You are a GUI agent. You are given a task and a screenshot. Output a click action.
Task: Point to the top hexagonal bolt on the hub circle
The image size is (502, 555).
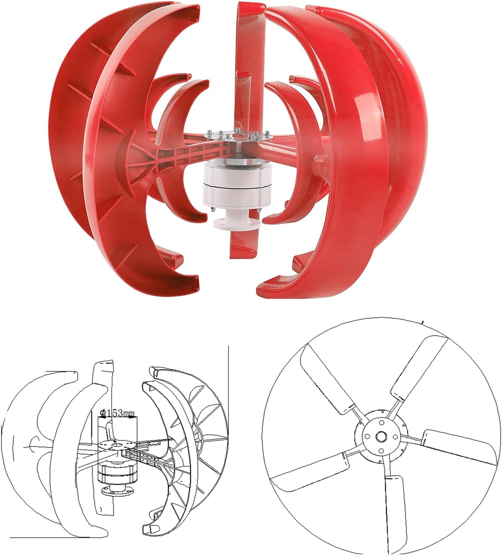(x=382, y=423)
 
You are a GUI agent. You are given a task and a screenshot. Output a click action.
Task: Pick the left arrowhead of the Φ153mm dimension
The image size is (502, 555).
(x=100, y=418)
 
